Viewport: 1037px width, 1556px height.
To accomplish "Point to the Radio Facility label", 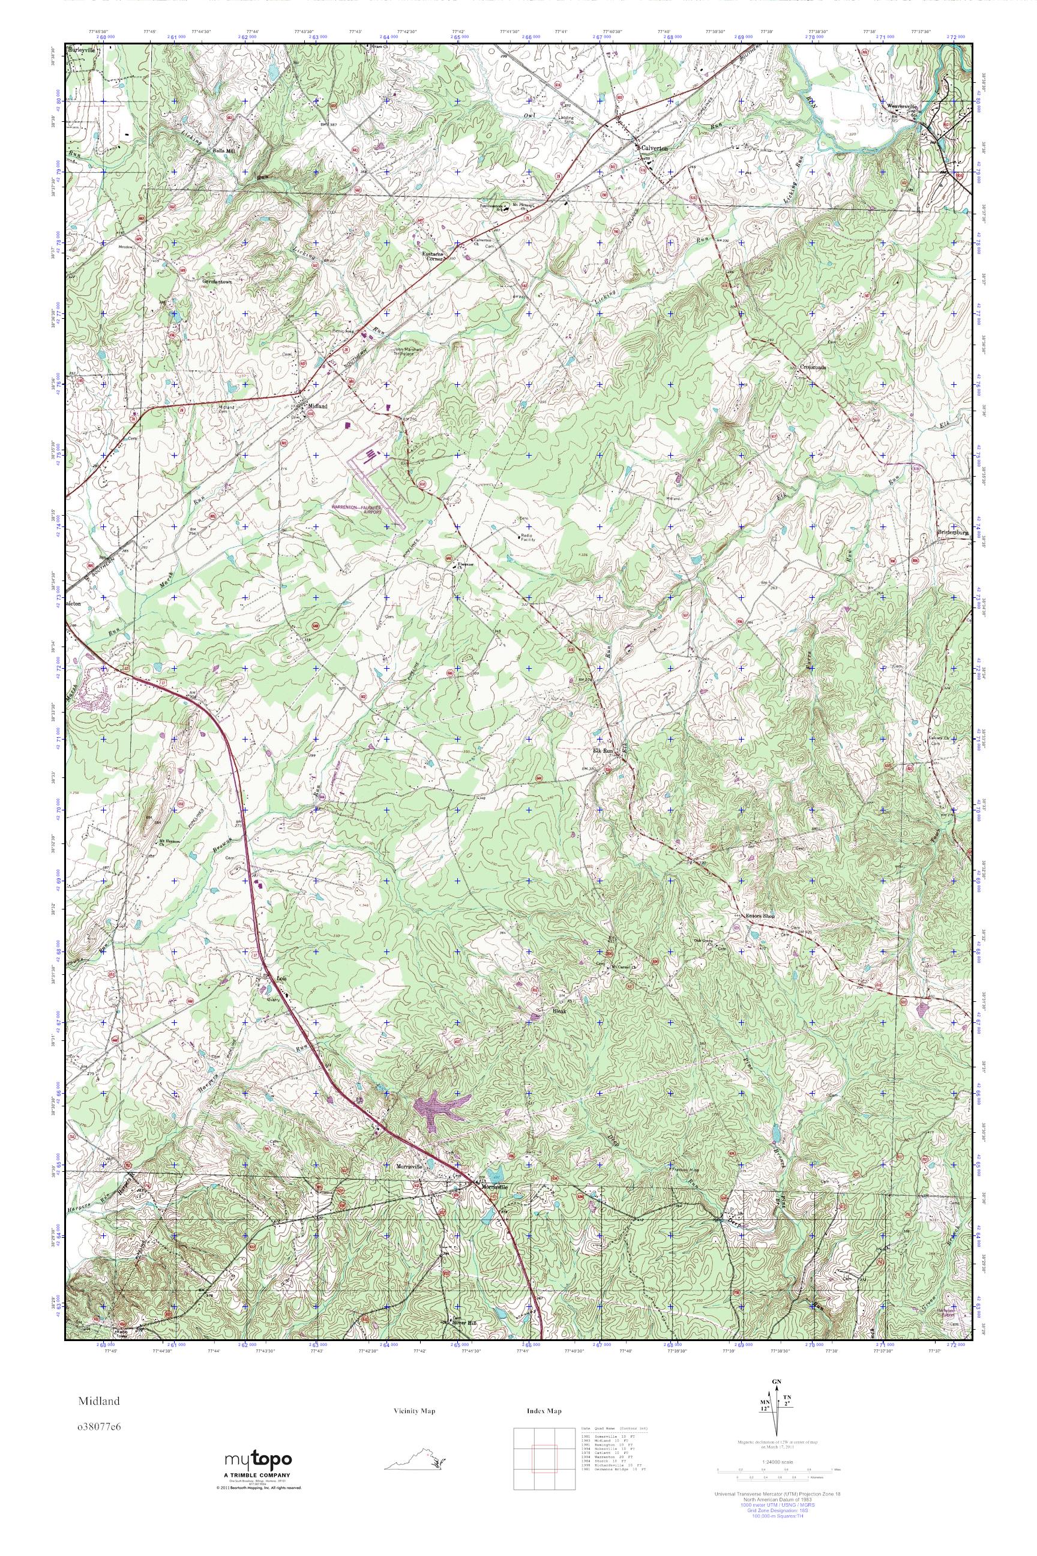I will click(528, 538).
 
